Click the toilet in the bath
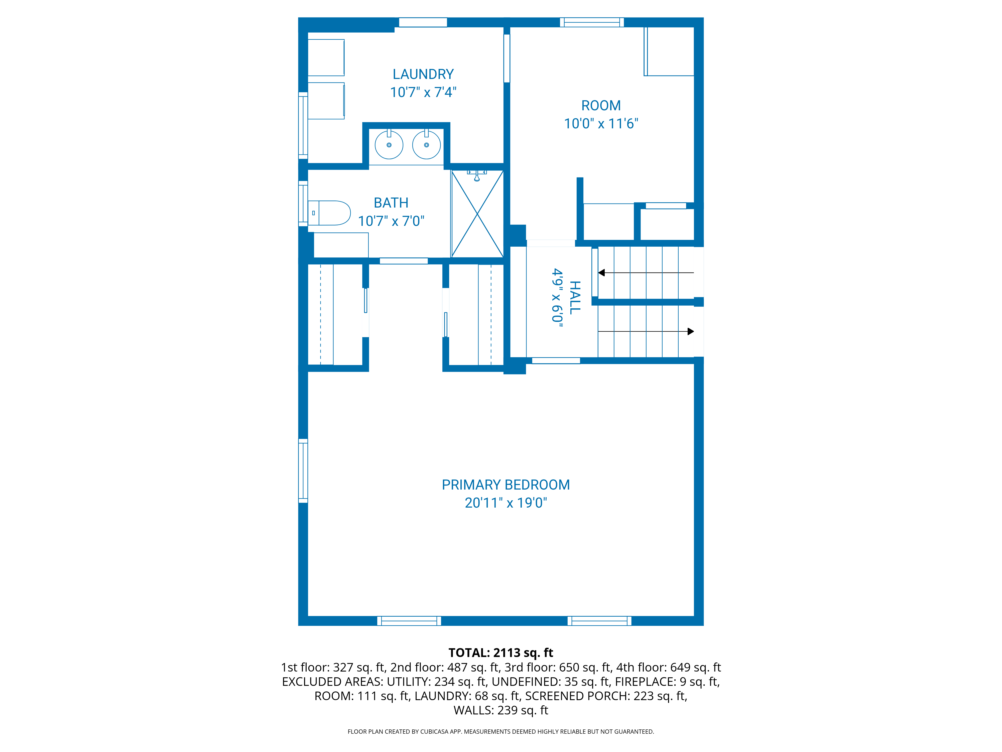tap(329, 213)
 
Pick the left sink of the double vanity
tap(389, 145)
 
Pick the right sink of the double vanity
tap(426, 145)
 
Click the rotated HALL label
tap(574, 297)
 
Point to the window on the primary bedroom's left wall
tap(303, 471)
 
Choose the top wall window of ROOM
tap(592, 22)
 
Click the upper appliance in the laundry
tap(326, 58)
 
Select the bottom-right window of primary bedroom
tap(599, 621)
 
